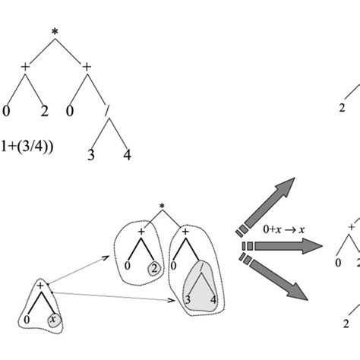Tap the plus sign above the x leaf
click(x=38, y=286)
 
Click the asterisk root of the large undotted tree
click(x=54, y=32)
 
